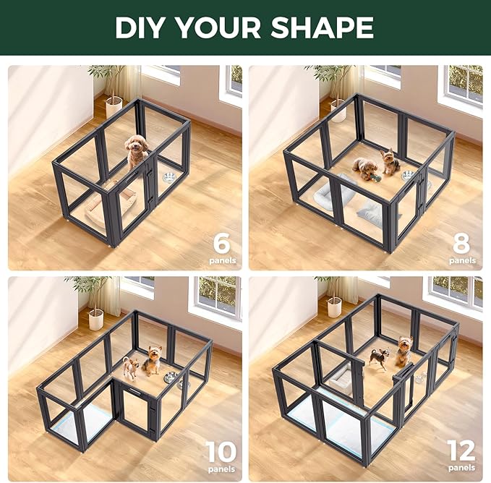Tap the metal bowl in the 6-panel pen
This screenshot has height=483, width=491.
[170, 178]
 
